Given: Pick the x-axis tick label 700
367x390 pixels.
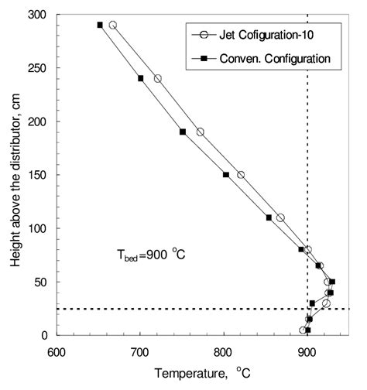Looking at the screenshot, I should click(x=140, y=349).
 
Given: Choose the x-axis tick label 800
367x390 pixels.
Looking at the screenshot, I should click(x=224, y=349).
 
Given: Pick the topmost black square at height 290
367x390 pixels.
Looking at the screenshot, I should click(x=100, y=25).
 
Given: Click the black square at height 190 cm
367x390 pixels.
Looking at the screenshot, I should click(x=183, y=132).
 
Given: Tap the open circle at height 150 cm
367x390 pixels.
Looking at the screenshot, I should click(x=241, y=175).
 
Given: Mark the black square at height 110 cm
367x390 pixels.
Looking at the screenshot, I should click(x=269, y=217).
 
